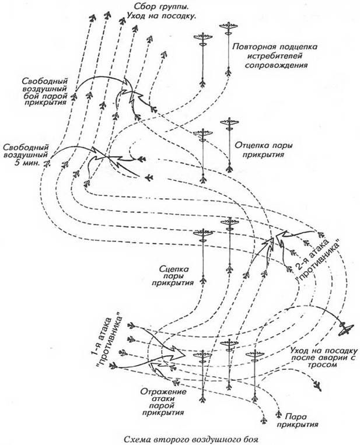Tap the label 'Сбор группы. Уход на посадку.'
160,12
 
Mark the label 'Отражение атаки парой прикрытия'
161,403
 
